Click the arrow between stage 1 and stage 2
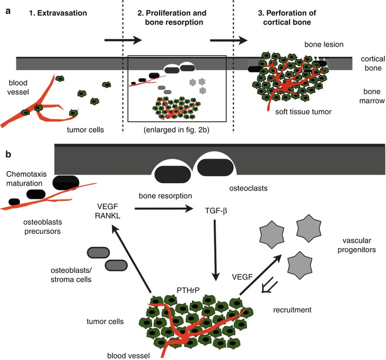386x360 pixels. tap(122, 40)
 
